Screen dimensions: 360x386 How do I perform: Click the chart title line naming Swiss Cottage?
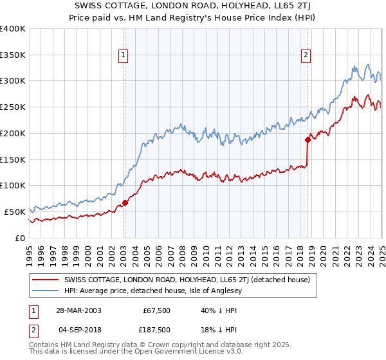tap(193, 6)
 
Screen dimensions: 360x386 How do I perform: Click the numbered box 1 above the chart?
tap(122, 55)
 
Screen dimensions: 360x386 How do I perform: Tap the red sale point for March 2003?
tap(125, 203)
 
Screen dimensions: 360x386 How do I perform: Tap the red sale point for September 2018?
tap(308, 139)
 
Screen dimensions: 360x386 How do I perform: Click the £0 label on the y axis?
tap(19, 238)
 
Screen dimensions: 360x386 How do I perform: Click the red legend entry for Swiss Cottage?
tap(187, 280)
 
